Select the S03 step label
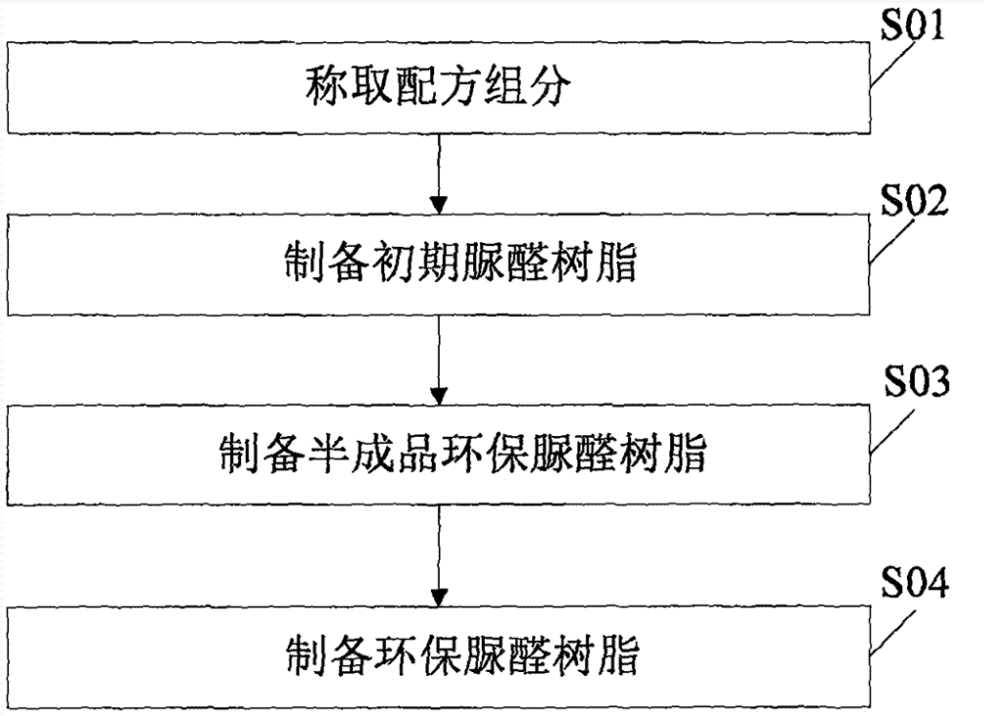click(915, 382)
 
